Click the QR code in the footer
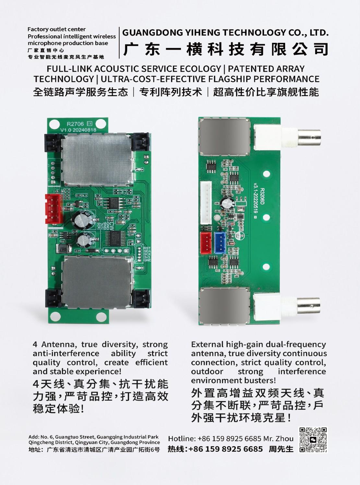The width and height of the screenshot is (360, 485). pos(313,440)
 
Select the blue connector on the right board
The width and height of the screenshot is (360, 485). pos(220,243)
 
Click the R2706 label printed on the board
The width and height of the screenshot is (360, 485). pos(75,124)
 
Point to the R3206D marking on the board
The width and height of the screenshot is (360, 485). pos(262,197)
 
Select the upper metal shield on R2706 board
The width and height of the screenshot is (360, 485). pos(97,158)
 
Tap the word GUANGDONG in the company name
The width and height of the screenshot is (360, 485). pos(152,33)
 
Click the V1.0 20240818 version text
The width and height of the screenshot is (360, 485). pos(78,130)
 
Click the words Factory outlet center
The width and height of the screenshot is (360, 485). pos(57,29)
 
